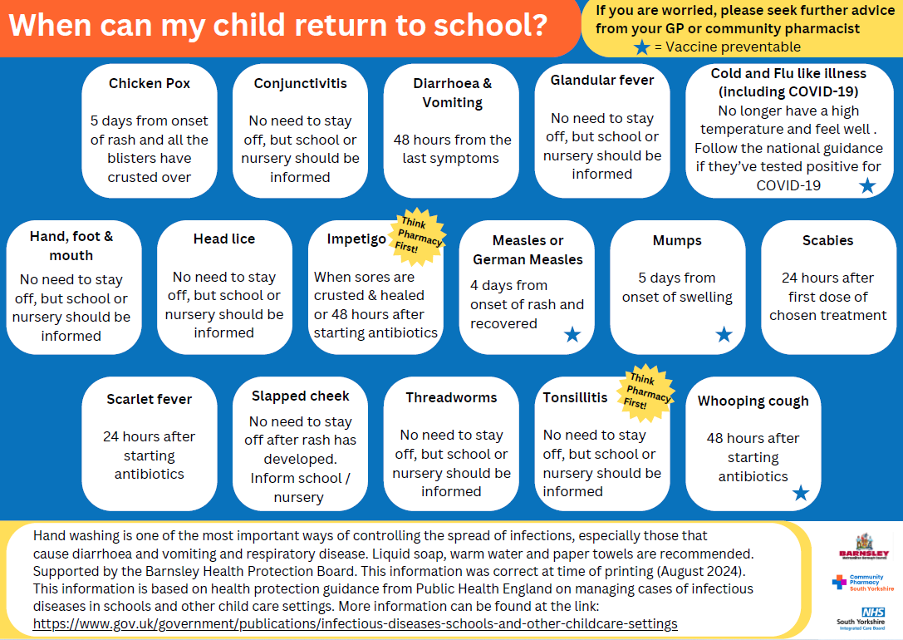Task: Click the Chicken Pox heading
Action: (150, 84)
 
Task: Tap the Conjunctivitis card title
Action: (300, 84)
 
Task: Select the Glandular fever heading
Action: (602, 81)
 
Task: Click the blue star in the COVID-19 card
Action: (867, 185)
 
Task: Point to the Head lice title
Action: (224, 239)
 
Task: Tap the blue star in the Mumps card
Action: (724, 334)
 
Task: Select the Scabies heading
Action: (827, 241)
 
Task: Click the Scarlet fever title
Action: (150, 400)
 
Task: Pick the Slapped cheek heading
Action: (300, 396)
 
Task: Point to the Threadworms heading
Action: (451, 398)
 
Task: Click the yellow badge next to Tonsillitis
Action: (646, 388)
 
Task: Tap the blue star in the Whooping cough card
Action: (800, 493)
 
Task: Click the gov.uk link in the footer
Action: (355, 623)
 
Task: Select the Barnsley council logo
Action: (864, 547)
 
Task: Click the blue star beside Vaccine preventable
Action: (641, 47)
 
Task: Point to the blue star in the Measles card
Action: (572, 334)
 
